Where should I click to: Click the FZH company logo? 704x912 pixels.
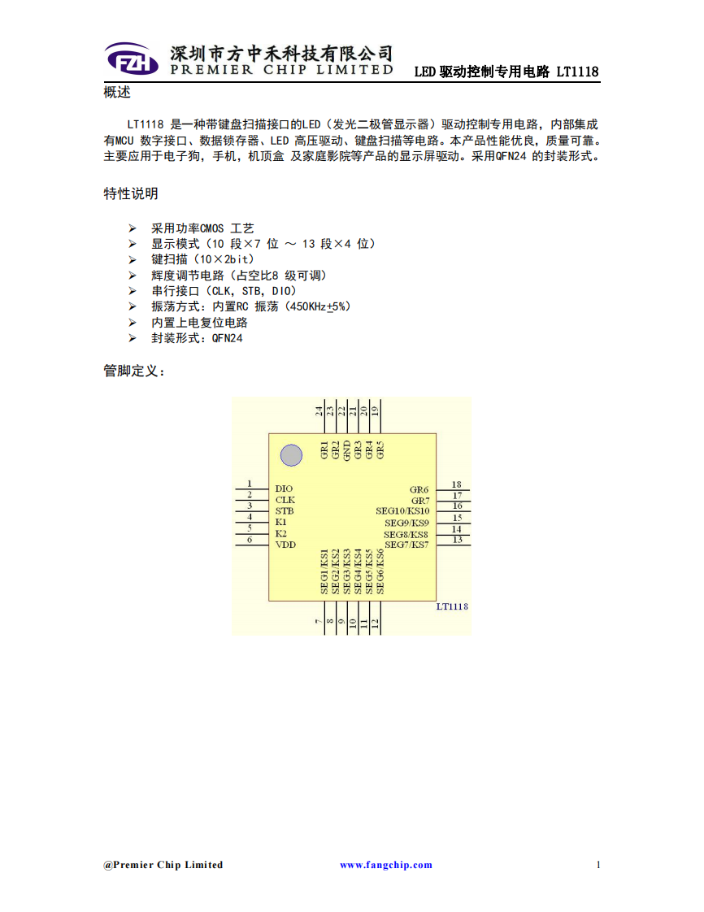pos(132,59)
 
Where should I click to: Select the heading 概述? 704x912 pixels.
pos(117,92)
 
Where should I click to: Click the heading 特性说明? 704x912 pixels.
pos(131,193)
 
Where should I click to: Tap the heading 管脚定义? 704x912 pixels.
pos(134,371)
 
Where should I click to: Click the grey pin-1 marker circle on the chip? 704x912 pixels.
pos(292,455)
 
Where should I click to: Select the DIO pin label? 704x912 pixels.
pos(284,489)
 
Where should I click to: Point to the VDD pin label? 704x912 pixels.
pos(285,545)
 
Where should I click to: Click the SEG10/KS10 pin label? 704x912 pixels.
pos(402,510)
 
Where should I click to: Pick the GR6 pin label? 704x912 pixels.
pos(419,490)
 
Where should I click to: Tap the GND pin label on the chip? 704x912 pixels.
pos(347,450)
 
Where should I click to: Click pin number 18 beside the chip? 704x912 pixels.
pos(457,484)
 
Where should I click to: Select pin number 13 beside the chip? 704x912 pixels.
pos(458,540)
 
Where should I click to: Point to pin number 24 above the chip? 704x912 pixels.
pos(319,410)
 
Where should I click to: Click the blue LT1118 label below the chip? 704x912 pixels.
pos(452,606)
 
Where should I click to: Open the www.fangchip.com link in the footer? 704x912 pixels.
pos(386,865)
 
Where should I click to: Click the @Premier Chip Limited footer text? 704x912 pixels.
pos(163,865)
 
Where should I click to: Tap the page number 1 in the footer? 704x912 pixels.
pos(598,865)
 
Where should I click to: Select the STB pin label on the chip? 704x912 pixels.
pos(285,510)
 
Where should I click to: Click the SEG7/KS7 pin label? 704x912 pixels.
pos(406,545)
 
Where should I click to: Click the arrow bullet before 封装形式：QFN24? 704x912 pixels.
pos(133,338)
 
